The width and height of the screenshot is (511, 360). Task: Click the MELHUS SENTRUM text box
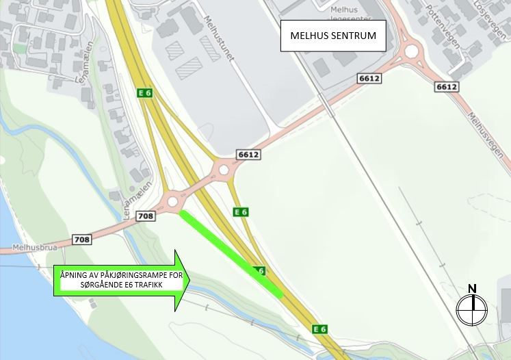[x=333, y=36]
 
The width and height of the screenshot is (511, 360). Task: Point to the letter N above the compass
[x=472, y=289]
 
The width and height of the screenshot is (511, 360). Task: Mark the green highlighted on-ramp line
[x=231, y=254]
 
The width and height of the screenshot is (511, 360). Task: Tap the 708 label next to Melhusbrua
[x=81, y=240]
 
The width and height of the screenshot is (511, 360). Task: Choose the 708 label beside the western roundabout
[x=146, y=216]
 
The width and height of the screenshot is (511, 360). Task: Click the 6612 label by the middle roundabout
[x=248, y=155]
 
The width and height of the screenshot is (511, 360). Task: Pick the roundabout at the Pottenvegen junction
[x=411, y=50]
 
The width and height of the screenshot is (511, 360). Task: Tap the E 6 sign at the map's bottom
[x=319, y=329]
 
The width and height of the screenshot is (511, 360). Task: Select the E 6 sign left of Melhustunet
[x=144, y=92]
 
